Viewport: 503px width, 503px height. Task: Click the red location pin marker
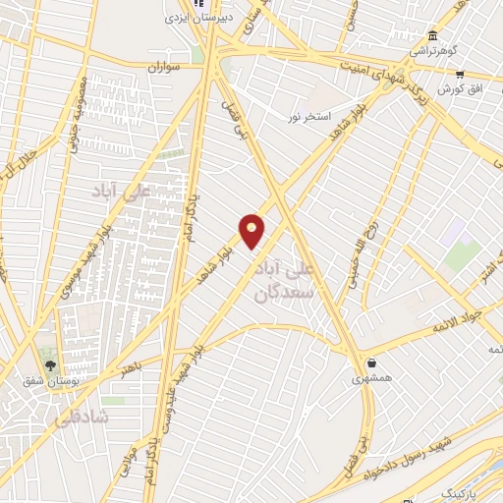252,230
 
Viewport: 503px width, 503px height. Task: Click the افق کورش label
464,89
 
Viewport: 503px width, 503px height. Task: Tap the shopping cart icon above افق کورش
460,74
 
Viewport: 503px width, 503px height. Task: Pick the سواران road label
166,69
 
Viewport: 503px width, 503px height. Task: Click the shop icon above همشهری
372,362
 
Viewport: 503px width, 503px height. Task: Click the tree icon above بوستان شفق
51,364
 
